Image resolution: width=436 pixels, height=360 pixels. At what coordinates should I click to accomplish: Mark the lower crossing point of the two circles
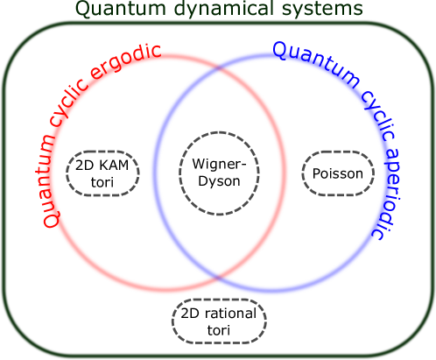218,275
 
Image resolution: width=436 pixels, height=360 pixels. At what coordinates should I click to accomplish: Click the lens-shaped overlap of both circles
219,172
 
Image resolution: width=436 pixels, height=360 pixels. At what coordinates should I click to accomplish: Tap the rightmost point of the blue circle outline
385,172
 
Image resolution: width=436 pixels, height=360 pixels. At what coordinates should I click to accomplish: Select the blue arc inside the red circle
154,172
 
